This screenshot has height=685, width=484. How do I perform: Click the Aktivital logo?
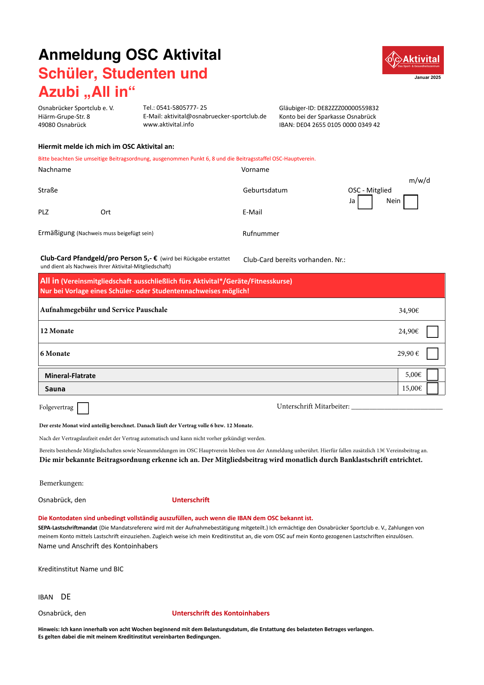pos(413,60)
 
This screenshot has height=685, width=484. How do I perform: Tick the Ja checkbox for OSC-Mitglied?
pos(365,202)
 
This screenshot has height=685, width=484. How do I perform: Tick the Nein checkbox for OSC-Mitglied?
pos(411,202)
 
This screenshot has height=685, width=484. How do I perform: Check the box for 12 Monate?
pos(432,332)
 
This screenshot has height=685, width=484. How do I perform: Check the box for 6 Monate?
pos(432,353)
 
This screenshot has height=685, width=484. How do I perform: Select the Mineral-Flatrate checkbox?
pos(432,375)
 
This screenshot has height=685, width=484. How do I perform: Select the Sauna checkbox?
pos(432,388)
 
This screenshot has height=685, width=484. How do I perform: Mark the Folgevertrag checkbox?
pos(83,408)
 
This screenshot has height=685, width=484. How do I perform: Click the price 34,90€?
pos(408,310)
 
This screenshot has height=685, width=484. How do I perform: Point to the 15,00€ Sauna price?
pos(412,388)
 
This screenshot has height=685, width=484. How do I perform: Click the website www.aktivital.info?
pos(168,125)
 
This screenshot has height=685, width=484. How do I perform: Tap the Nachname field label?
pos(55,169)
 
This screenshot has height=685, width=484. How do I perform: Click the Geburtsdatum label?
pos(265,190)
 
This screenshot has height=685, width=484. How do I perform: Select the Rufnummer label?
pos(261,234)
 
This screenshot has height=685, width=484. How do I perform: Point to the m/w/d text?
pos(419,180)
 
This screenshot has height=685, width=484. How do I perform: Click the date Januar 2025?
pos(427,77)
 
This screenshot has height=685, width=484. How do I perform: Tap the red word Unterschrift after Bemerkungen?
pos(191,500)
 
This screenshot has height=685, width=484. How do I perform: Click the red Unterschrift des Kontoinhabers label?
pos(221,613)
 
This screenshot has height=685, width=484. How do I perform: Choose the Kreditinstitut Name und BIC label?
pos(81,569)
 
